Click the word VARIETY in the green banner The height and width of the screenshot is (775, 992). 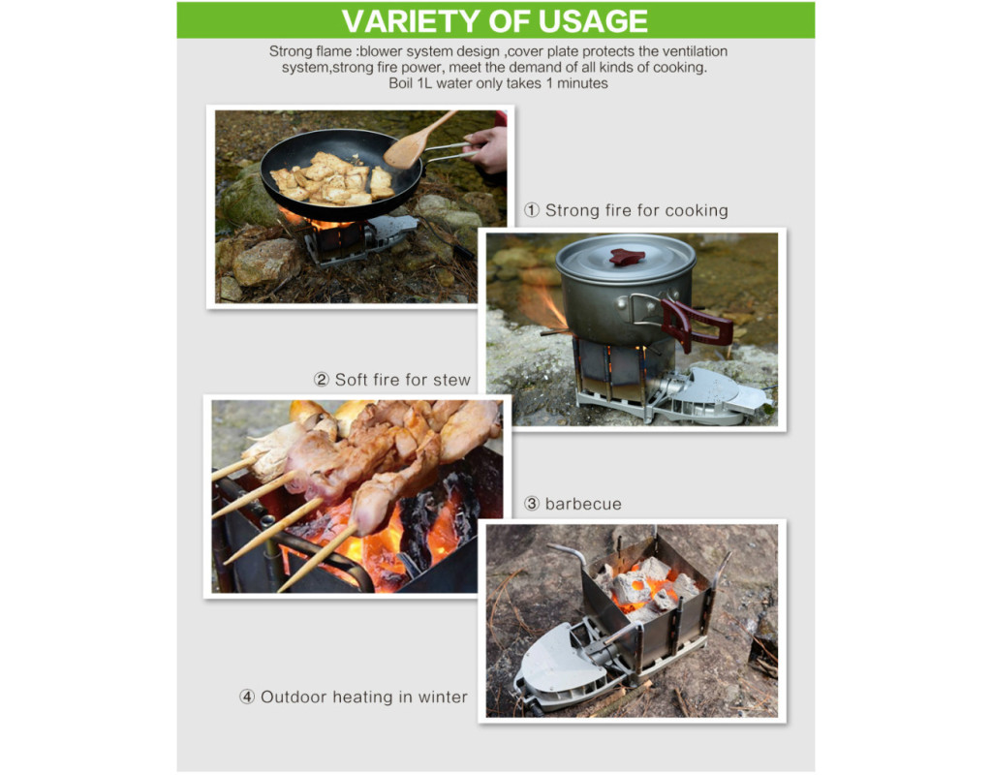coord(412,21)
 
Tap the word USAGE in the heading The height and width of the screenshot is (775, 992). coord(593,21)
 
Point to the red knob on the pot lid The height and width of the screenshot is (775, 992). coord(627,257)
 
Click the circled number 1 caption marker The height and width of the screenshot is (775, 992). coord(532,210)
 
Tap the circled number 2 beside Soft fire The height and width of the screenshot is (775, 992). coord(322,380)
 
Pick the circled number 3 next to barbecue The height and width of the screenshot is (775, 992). coord(532,504)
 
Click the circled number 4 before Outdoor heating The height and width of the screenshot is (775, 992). coord(247,697)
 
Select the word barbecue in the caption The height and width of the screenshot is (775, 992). coord(583,504)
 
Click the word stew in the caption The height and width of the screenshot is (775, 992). coord(451,380)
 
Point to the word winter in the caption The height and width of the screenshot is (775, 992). coord(443,697)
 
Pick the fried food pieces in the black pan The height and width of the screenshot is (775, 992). coord(331,179)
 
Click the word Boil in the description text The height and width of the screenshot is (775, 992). coord(400,83)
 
